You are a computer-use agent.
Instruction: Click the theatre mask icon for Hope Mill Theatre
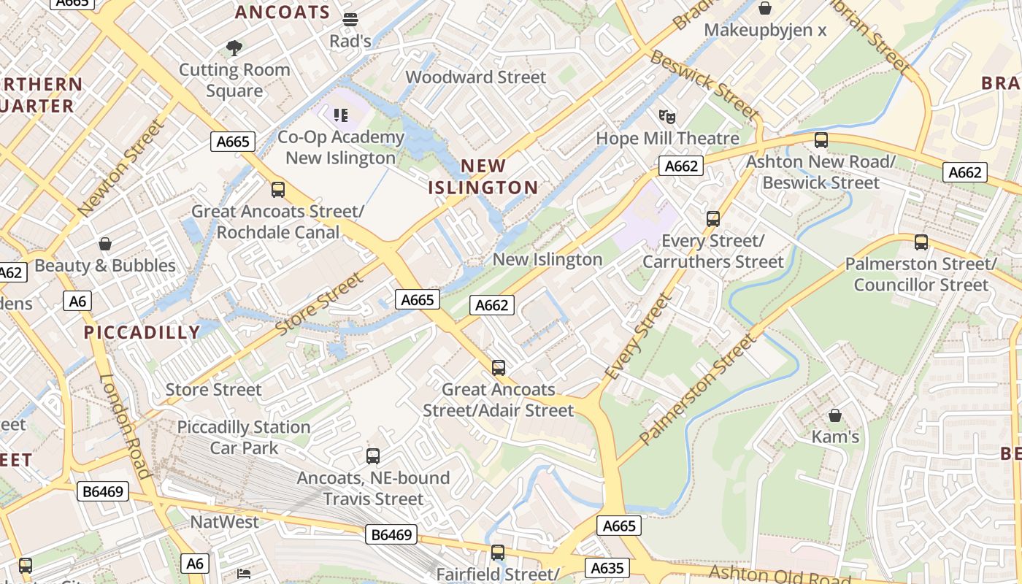coord(666,117)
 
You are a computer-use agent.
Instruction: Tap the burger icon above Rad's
coord(350,20)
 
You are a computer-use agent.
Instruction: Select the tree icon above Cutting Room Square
coord(234,49)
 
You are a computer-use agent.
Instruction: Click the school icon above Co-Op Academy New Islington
coord(340,115)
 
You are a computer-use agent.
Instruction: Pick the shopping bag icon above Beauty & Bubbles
coord(105,244)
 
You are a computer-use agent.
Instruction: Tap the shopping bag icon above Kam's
coord(835,415)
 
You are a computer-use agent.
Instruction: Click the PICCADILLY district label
coord(142,333)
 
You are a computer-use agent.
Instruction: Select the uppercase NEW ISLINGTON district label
coord(483,177)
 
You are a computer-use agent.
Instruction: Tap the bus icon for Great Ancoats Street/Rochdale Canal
coord(278,190)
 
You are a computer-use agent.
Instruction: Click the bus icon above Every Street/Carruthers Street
coord(713,218)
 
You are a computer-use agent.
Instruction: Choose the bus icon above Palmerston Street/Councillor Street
coord(921,242)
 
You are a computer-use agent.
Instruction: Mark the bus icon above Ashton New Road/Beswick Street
coord(821,140)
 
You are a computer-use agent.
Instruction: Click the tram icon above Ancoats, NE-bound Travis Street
coord(373,456)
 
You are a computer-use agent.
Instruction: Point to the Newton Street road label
coord(121,169)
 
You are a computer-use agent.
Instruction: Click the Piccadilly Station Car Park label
coord(244,437)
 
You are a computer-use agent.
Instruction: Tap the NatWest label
coord(224,522)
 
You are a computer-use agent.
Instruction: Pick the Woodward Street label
coord(475,77)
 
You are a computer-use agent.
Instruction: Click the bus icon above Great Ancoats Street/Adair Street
coord(499,368)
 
